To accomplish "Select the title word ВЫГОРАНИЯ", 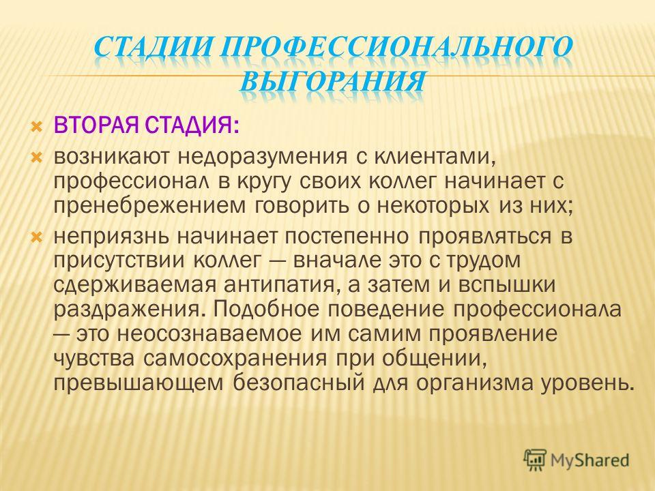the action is point(333,80).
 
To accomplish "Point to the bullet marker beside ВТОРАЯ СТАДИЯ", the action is point(37,125).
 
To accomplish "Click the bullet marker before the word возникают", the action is point(37,158).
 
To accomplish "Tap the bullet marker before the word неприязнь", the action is point(37,237).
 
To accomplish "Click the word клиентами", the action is point(435,158).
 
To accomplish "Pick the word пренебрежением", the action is point(149,206).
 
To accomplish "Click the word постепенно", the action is point(347,237).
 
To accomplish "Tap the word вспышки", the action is point(507,286).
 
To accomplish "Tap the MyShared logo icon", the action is point(535,460).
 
